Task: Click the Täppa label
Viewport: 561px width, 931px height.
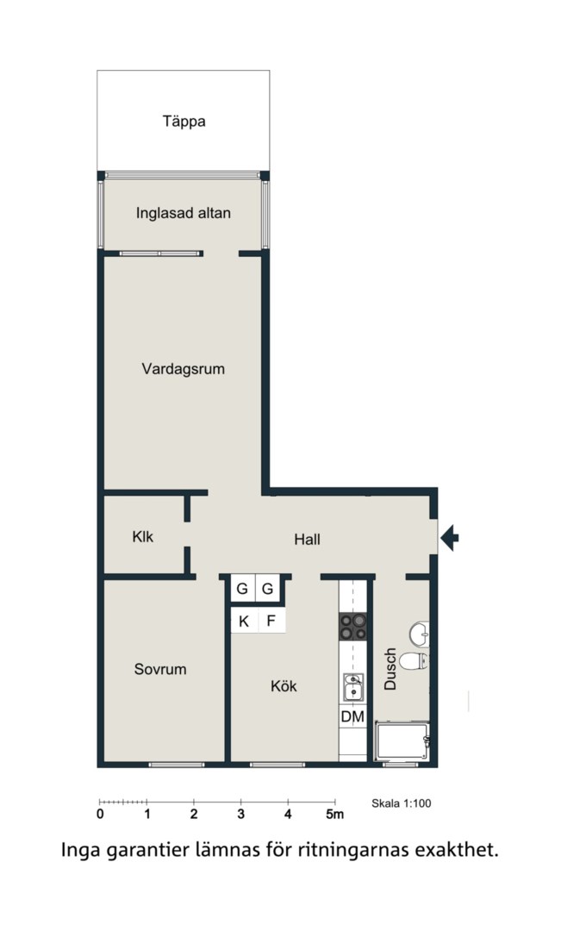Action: (184, 122)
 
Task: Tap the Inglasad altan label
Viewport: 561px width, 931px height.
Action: (184, 213)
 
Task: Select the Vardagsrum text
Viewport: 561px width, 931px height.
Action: (184, 369)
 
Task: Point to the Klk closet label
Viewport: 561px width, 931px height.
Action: (142, 537)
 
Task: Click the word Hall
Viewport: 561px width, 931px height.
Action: (307, 540)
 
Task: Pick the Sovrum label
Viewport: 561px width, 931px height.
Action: (160, 669)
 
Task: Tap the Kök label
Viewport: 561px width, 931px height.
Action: (284, 686)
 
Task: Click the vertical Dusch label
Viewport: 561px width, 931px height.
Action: (390, 669)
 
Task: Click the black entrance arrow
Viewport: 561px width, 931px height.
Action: (449, 538)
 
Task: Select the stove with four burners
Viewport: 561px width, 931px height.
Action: (352, 627)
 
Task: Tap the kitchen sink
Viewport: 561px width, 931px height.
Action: (352, 688)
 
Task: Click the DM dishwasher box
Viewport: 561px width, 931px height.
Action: (352, 716)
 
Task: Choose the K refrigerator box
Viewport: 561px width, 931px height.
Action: (244, 622)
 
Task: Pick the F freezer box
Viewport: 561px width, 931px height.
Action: (271, 622)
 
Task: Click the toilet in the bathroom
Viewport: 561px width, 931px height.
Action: (413, 661)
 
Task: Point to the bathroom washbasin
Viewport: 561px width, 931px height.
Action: (419, 634)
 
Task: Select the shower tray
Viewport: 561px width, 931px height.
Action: (402, 741)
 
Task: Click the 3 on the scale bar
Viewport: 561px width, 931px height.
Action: (241, 815)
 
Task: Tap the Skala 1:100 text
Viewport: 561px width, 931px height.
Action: (402, 804)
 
